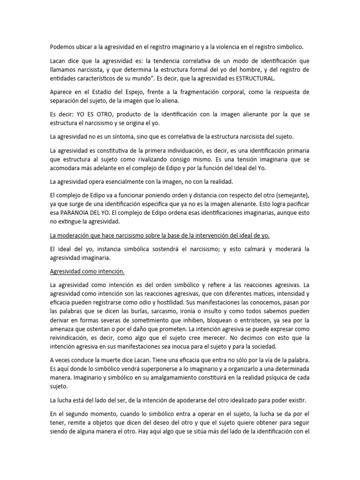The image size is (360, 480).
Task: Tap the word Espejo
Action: click(x=121, y=92)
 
